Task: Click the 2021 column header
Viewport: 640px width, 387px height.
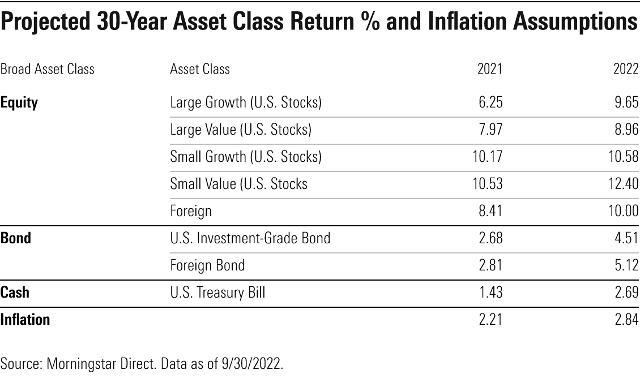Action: (x=490, y=69)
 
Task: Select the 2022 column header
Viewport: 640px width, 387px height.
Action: (x=626, y=69)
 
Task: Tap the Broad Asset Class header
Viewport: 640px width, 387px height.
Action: (x=48, y=69)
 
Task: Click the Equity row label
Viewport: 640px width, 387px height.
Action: (x=19, y=102)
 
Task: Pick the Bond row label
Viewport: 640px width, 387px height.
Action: (x=16, y=238)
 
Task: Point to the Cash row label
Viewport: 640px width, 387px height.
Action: (x=15, y=292)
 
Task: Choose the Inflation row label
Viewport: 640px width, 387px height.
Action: (x=25, y=319)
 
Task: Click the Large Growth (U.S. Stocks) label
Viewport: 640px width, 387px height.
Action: (x=246, y=102)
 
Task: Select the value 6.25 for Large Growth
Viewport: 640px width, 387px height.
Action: (x=490, y=102)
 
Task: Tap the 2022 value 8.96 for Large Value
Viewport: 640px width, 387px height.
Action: (x=626, y=129)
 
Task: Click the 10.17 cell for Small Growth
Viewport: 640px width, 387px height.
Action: (x=488, y=157)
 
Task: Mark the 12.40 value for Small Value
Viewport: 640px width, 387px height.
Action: (x=624, y=183)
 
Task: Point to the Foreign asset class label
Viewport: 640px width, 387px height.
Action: (x=191, y=211)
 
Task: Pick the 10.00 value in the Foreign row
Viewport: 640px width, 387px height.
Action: (x=624, y=211)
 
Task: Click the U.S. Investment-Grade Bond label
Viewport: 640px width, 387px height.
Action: (x=250, y=238)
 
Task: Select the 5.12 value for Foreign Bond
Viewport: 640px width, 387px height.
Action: (x=627, y=265)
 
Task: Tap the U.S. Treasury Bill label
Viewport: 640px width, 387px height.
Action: (x=217, y=293)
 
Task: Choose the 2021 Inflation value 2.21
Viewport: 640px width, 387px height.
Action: (x=490, y=319)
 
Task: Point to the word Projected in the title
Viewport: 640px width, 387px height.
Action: (x=45, y=21)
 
